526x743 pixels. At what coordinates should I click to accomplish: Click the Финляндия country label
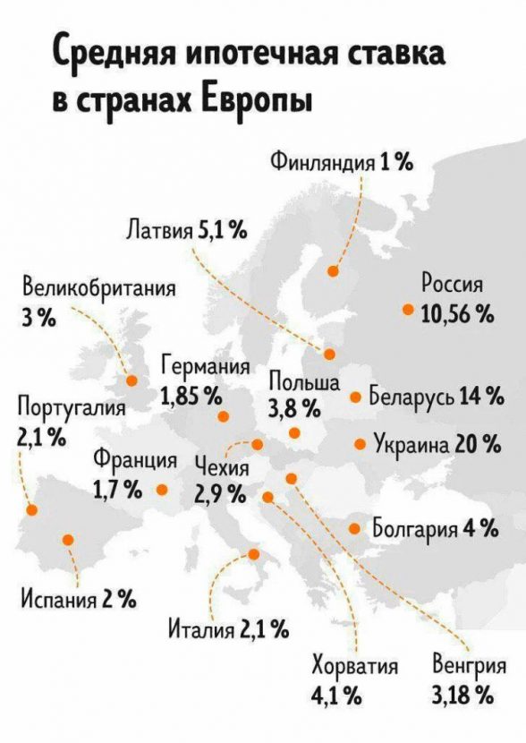tap(322, 162)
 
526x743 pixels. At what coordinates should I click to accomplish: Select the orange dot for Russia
tap(407, 310)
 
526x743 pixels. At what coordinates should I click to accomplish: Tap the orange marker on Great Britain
tap(131, 380)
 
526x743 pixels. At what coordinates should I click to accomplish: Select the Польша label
tap(304, 381)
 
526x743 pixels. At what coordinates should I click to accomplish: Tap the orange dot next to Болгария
tap(354, 528)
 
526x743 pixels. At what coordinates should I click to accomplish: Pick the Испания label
tap(59, 601)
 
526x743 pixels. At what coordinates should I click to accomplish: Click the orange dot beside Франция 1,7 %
tap(162, 489)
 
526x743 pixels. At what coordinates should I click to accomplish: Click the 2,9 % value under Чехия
tap(220, 494)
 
